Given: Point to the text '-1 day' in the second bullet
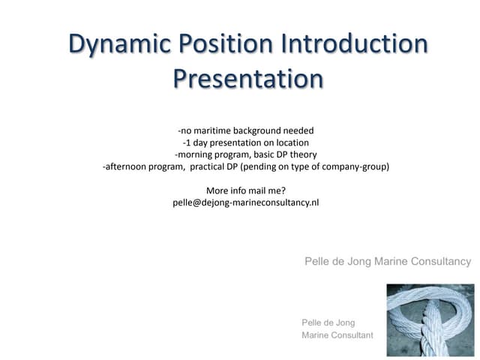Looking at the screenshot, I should coord(196,142).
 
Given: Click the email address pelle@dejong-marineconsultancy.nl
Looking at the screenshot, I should coord(245,202).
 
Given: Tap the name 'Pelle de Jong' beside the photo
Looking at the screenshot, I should coord(328,322).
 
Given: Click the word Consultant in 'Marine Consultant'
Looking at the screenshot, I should coord(351,335).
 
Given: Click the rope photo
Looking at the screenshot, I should coord(430,319).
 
